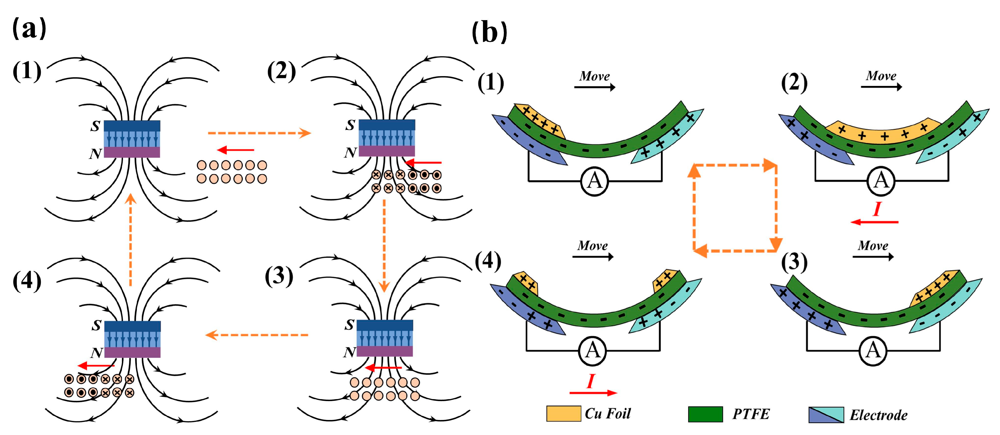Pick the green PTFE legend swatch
click(705, 414)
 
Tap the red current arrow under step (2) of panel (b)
click(874, 222)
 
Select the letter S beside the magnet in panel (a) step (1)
click(95, 126)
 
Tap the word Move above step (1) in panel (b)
click(594, 76)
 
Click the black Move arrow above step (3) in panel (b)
click(873, 257)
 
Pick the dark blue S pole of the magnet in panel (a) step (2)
click(387, 125)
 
